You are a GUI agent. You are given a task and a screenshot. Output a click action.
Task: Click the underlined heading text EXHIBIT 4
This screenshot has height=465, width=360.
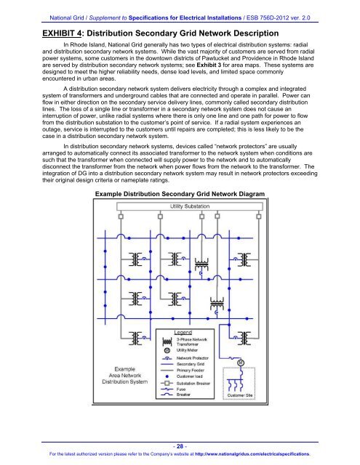(62, 33)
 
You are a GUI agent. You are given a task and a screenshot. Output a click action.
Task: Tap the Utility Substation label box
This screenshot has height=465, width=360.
(190, 206)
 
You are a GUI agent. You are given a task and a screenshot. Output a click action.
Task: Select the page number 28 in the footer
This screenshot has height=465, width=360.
(180, 446)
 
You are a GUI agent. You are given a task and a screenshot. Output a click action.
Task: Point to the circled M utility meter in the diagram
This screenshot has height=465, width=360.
(241, 363)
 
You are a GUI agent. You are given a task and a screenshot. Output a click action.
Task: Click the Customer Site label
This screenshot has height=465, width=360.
(240, 395)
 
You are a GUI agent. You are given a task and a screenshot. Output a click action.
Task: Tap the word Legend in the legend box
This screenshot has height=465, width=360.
(183, 333)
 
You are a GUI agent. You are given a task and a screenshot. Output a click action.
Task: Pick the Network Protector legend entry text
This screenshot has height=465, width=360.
(192, 358)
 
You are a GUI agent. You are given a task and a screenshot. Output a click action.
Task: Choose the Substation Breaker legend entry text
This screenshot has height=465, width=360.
(193, 383)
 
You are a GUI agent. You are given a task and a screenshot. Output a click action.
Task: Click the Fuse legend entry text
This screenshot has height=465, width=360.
(181, 389)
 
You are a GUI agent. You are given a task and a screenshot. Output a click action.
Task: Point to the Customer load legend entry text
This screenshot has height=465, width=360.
(190, 376)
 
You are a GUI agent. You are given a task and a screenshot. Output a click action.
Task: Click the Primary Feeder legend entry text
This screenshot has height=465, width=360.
(191, 370)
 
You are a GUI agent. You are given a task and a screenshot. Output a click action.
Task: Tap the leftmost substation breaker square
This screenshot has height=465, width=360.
(121, 217)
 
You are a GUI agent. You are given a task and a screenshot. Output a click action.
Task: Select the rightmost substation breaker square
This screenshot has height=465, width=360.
(258, 217)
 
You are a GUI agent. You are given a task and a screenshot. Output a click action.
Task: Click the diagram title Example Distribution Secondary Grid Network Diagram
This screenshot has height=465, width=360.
(180, 194)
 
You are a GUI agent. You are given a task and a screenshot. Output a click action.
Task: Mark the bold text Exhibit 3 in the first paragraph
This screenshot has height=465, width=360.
(209, 65)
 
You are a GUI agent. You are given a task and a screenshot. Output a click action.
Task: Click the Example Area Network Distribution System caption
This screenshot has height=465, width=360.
(124, 375)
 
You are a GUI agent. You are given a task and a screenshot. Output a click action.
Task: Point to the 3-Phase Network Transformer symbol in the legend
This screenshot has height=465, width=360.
(167, 342)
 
